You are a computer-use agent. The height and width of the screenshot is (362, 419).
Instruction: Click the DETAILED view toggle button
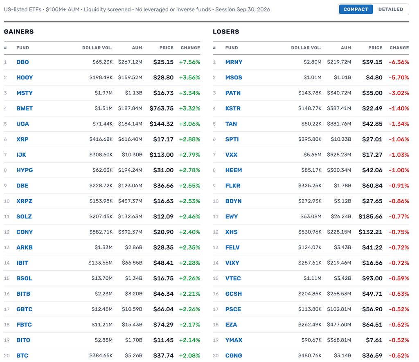(390, 9)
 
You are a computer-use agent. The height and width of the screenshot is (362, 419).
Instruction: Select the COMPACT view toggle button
(356, 9)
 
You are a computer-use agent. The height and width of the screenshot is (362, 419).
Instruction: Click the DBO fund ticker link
(23, 62)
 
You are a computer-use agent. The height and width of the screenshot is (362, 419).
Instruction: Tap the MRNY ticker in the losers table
(234, 62)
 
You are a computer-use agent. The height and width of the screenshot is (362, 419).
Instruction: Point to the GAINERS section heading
(19, 31)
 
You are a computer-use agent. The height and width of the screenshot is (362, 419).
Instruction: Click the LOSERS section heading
(226, 31)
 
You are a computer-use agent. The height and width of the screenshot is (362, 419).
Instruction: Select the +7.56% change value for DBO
(189, 62)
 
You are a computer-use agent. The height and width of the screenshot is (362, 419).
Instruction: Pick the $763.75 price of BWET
(161, 108)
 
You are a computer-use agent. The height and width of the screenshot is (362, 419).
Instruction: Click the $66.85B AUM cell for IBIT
(132, 263)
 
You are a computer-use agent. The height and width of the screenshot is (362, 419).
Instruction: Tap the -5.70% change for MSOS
(399, 77)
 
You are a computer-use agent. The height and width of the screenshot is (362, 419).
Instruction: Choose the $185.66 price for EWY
(370, 216)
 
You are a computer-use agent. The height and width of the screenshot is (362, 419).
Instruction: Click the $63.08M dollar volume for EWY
(311, 216)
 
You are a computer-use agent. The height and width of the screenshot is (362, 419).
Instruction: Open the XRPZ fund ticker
(24, 201)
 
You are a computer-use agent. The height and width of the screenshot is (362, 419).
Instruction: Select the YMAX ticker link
(234, 340)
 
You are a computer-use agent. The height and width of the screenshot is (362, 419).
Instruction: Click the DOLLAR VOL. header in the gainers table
(97, 48)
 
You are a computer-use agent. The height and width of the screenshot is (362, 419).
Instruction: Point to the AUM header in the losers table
(346, 48)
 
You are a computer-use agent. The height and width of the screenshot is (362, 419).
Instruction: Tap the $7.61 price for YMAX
(374, 340)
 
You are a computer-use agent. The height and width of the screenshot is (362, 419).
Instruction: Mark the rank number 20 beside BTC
(7, 355)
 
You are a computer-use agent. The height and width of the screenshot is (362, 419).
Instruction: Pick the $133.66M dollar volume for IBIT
(101, 263)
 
